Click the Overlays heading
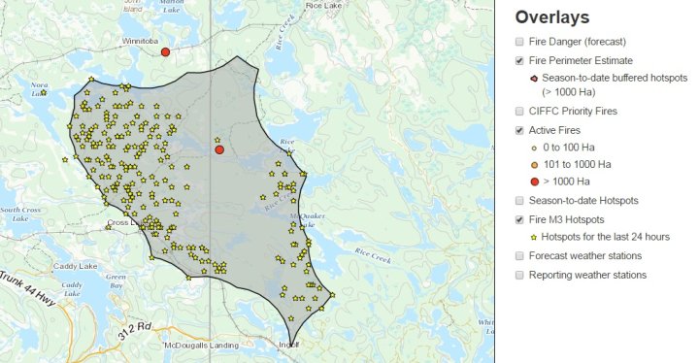click(x=552, y=16)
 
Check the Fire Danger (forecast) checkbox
click(x=520, y=42)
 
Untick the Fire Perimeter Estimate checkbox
click(x=520, y=61)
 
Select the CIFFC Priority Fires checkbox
click(x=520, y=112)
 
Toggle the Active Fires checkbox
click(x=520, y=130)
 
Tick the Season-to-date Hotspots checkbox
click(x=520, y=200)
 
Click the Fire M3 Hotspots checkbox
click(x=520, y=219)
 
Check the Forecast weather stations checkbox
click(x=520, y=256)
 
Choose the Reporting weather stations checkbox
click(x=520, y=275)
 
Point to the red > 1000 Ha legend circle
click(x=534, y=181)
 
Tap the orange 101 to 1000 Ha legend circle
click(x=534, y=164)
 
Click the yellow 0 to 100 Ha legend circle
click(x=534, y=148)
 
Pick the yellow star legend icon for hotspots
click(x=534, y=237)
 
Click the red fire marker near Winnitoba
click(x=166, y=51)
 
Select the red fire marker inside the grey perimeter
click(x=219, y=149)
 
